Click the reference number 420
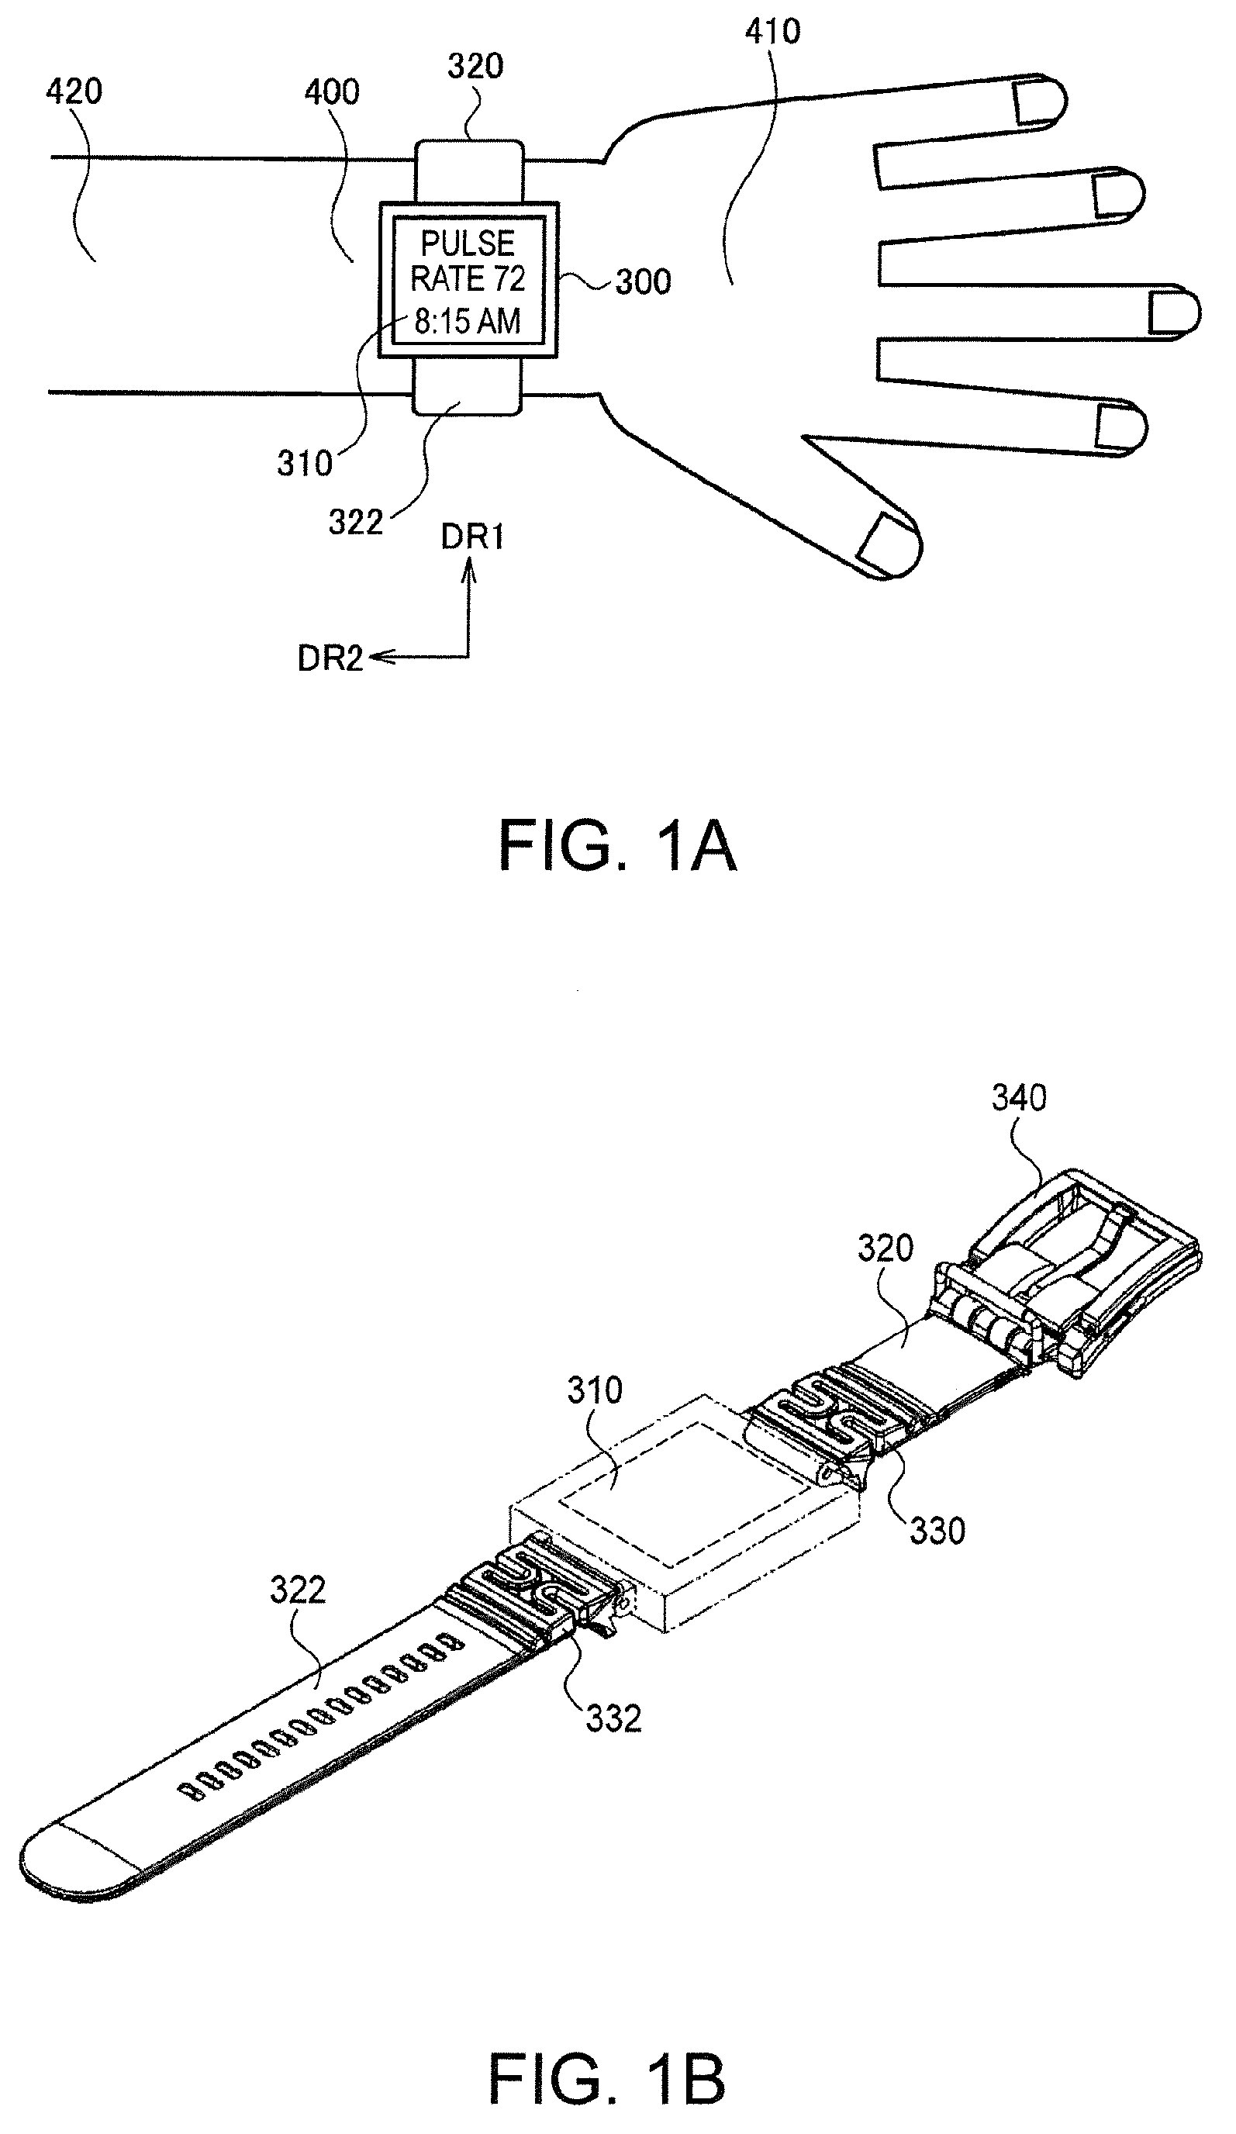click(74, 92)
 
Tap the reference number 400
click(332, 92)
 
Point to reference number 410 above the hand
click(772, 31)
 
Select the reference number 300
click(644, 282)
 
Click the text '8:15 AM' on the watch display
click(468, 322)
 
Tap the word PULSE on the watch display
click(468, 244)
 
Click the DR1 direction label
click(472, 537)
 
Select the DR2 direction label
click(330, 659)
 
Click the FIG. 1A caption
click(617, 846)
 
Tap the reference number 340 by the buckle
click(1020, 1097)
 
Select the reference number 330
click(937, 1531)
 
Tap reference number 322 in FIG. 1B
click(298, 1590)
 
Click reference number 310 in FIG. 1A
click(305, 463)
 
